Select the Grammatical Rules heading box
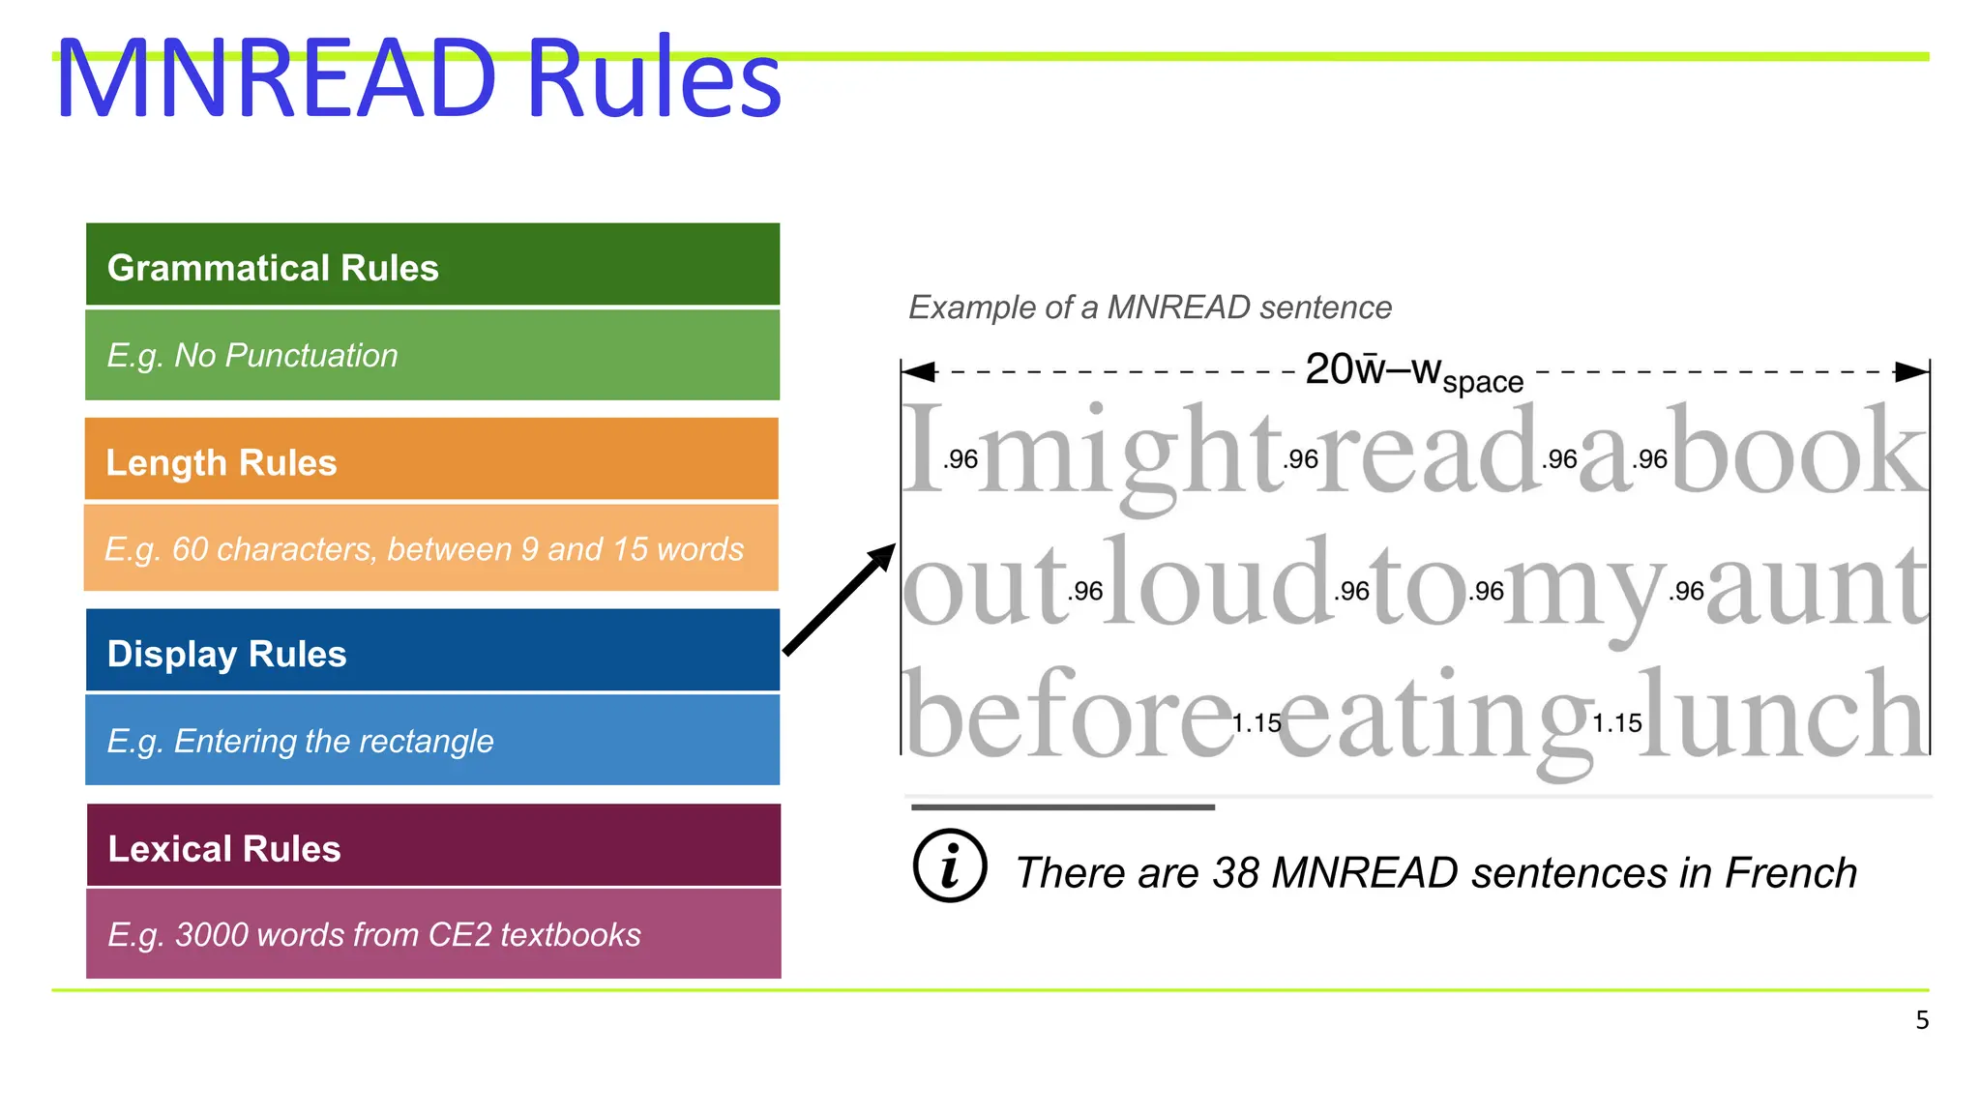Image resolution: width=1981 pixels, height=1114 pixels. point(432,266)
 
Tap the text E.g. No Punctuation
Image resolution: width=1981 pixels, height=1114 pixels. point(252,356)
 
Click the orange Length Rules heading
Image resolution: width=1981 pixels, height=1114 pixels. point(431,460)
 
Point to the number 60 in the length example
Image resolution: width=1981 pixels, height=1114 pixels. point(190,549)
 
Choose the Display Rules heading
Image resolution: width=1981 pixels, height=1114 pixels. point(432,653)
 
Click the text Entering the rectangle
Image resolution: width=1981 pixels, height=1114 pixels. point(333,741)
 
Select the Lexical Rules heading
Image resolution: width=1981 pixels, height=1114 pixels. point(432,847)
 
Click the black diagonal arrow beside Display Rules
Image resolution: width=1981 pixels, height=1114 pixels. point(839,600)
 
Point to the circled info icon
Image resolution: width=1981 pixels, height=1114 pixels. point(950,865)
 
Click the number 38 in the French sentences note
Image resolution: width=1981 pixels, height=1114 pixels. point(1235,873)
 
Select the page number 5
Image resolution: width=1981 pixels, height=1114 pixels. point(1922,1020)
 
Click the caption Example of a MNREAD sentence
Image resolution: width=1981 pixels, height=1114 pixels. point(1149,308)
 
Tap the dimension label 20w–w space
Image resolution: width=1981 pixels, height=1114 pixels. point(1413,372)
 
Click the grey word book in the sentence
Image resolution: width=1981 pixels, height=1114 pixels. point(1799,453)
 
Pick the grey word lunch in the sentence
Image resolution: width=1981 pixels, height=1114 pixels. point(1782,716)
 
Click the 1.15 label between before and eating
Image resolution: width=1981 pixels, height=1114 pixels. point(1257,723)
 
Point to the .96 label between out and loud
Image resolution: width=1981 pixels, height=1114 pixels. point(1085,591)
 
